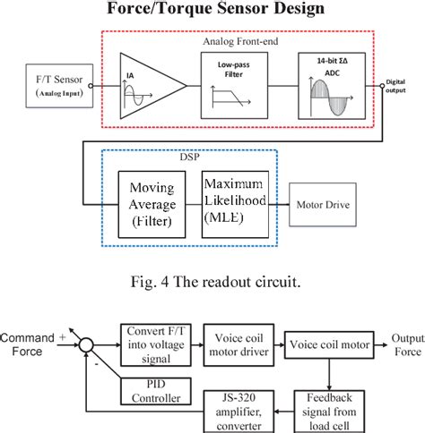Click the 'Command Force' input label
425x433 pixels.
tap(32, 345)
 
